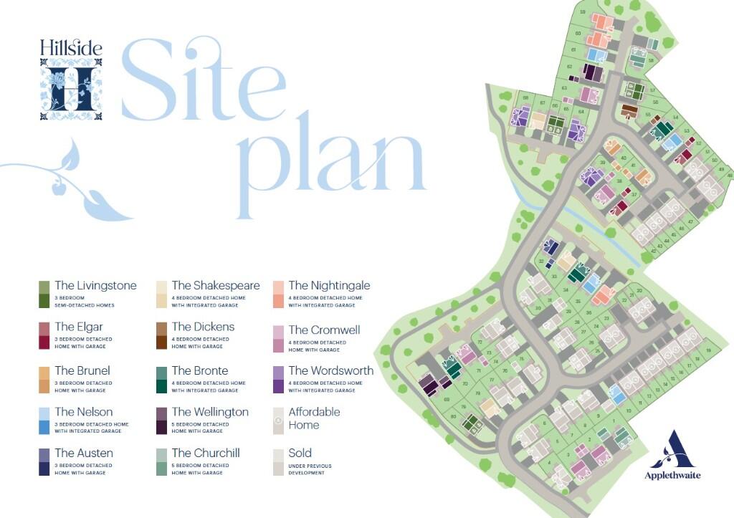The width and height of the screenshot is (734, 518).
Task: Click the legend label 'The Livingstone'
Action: click(x=95, y=286)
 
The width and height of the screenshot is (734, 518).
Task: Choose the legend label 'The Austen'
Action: click(x=84, y=453)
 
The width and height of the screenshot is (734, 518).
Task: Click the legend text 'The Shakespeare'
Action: click(x=216, y=286)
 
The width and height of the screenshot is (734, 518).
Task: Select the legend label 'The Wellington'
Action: click(x=210, y=412)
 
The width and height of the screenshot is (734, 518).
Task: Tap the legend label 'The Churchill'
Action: click(x=206, y=453)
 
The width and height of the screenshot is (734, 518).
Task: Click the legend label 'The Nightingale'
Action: click(x=329, y=286)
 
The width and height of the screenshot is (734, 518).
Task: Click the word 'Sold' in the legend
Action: click(x=300, y=453)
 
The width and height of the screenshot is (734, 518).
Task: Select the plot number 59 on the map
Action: click(x=583, y=12)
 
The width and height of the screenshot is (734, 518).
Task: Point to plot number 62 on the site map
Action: click(x=568, y=67)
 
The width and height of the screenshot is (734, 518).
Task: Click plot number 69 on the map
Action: click(x=447, y=399)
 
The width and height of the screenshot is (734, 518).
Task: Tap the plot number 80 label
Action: click(x=453, y=417)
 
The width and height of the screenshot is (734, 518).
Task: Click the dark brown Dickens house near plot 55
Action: click(x=629, y=110)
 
